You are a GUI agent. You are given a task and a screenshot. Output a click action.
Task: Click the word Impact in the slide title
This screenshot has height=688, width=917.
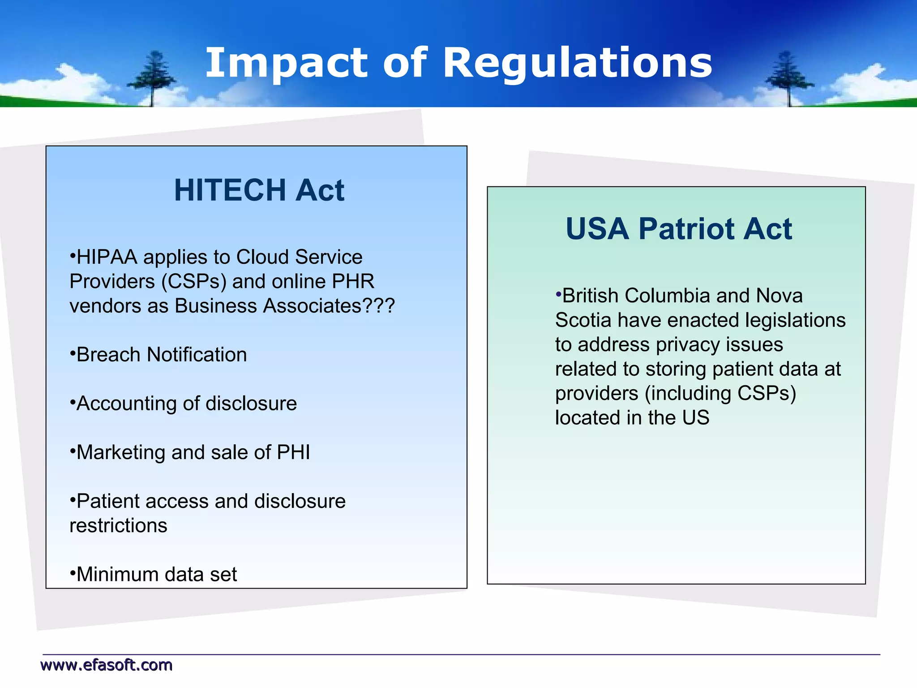[286, 64]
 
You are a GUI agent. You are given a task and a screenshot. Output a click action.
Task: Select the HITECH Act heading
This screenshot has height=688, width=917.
[259, 190]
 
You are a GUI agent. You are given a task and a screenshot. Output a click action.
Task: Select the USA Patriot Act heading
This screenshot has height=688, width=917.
[678, 229]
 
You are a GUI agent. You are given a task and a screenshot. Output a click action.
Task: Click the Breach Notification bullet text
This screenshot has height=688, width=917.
[161, 355]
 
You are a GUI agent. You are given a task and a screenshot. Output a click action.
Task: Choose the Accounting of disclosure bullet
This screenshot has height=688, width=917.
[186, 404]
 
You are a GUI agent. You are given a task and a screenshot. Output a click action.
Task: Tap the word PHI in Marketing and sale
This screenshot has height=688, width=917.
[293, 452]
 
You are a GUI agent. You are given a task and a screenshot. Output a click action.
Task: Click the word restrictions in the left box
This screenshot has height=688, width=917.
[118, 526]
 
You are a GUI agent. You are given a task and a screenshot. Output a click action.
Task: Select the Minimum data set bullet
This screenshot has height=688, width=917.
[156, 575]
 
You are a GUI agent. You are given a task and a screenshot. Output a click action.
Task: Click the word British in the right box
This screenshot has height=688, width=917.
[590, 296]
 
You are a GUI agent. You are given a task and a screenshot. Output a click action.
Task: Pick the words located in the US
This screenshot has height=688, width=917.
[632, 418]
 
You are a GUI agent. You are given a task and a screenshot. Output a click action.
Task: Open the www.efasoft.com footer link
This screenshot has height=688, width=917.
[107, 665]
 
